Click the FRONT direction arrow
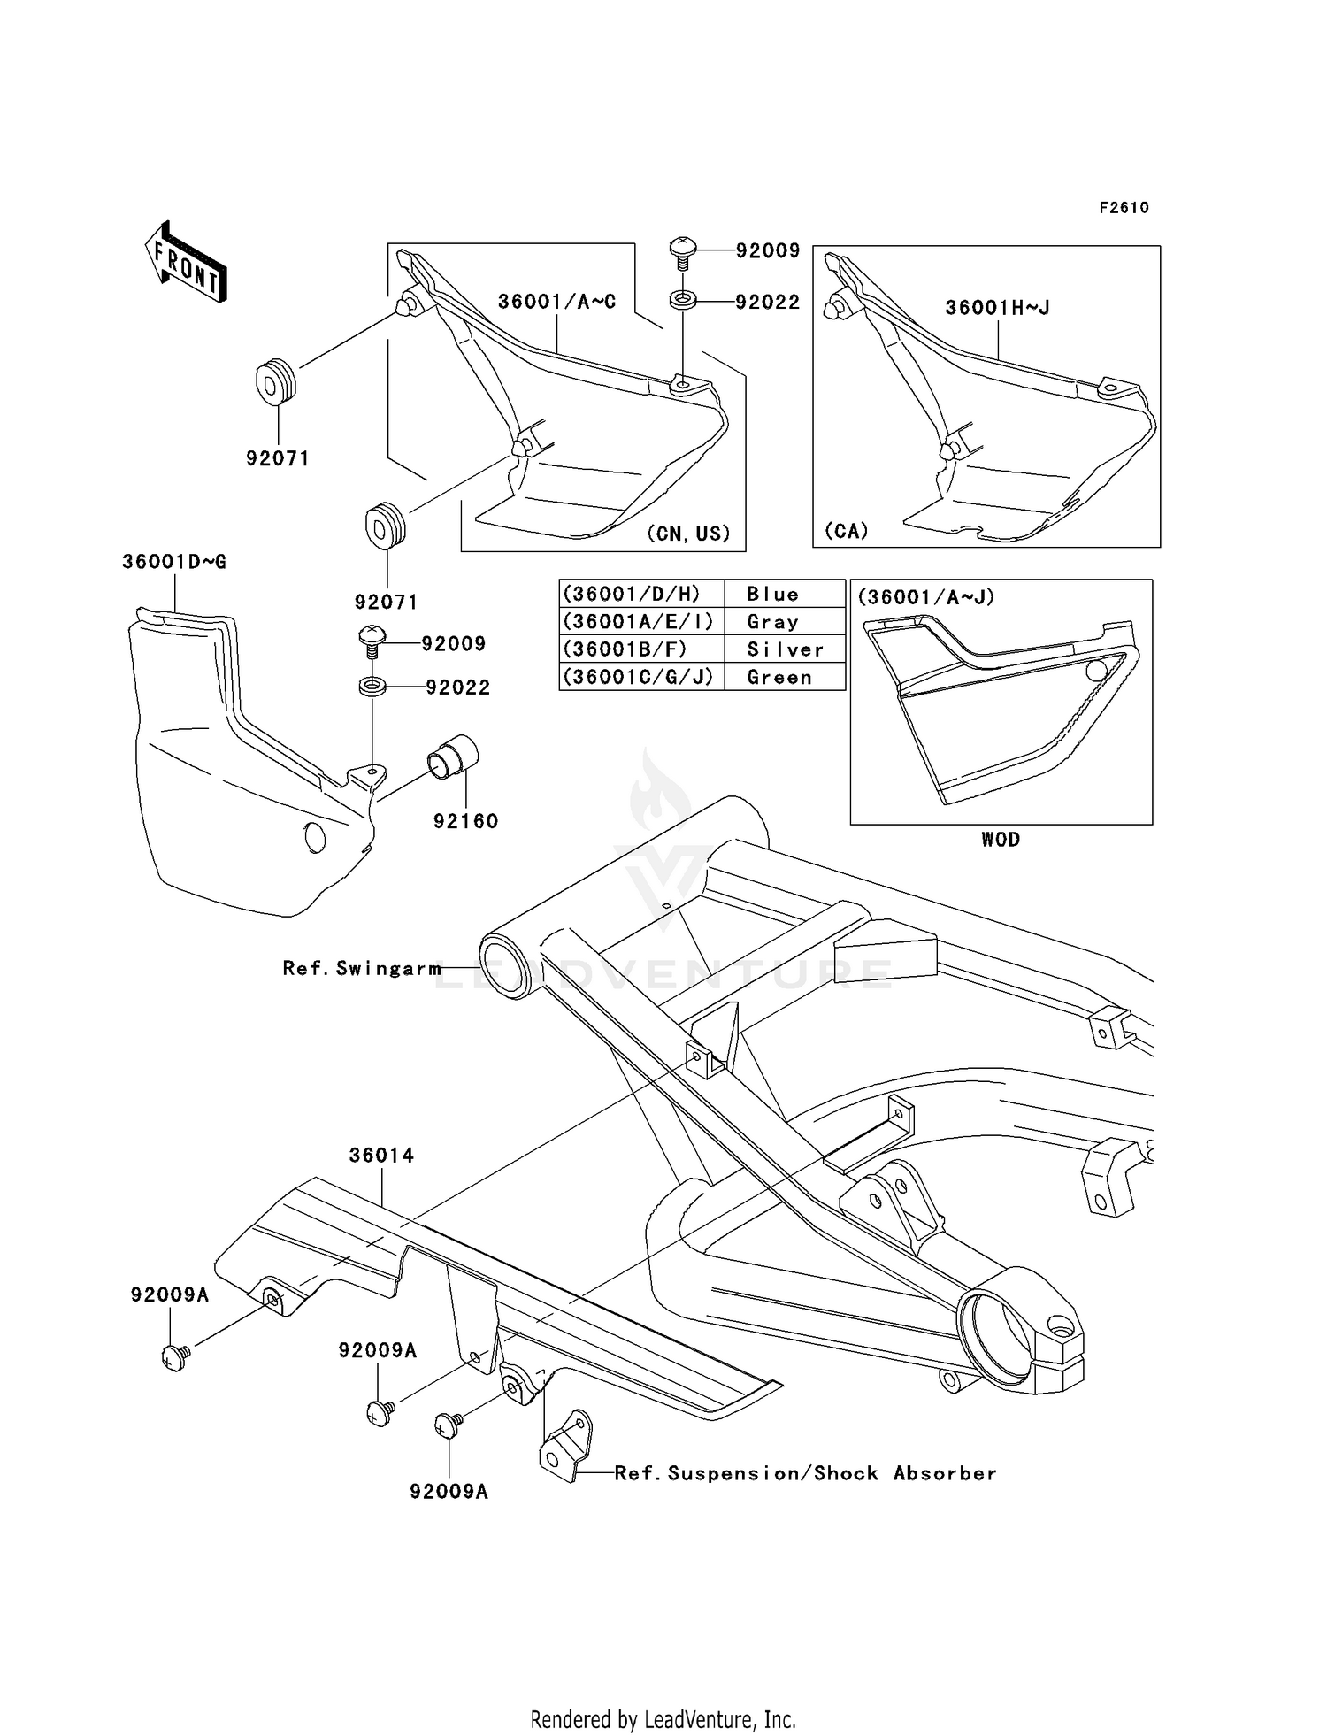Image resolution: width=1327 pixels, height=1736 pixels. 186,262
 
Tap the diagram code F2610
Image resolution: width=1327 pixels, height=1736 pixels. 1124,208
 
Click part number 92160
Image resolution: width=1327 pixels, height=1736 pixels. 465,821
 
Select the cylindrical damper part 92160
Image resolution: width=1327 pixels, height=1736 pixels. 452,755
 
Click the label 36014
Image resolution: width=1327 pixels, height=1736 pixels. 381,1156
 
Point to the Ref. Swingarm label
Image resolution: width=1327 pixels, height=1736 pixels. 362,968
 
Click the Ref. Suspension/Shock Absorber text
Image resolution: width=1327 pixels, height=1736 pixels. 805,1473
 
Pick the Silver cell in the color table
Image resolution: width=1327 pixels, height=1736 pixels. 785,649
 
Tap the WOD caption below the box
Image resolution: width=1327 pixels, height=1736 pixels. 1001,840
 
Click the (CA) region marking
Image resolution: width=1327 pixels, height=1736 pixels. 847,531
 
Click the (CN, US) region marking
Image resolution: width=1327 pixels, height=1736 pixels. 688,534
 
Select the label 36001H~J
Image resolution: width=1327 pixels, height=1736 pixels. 997,308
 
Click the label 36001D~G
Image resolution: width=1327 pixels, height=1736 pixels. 174,562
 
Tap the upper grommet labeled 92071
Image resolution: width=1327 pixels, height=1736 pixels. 276,381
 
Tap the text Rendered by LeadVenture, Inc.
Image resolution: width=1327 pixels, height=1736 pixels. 663,1719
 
